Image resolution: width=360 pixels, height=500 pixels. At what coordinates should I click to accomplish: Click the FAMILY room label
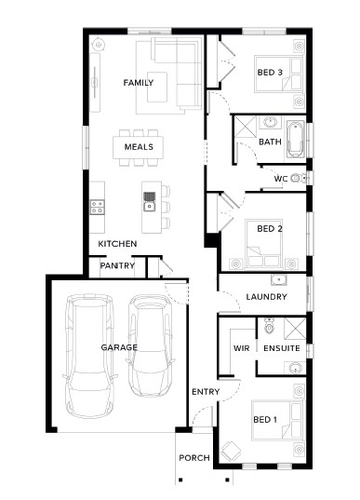tap(139, 83)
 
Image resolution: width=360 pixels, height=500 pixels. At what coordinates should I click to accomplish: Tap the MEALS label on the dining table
tap(139, 147)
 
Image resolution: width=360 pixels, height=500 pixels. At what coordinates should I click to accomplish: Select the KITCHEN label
tap(117, 244)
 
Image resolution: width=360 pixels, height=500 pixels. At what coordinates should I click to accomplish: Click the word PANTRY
tap(117, 265)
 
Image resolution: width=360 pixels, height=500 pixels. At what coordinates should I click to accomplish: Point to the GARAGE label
tap(119, 347)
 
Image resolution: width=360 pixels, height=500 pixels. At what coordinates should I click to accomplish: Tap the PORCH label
tap(194, 458)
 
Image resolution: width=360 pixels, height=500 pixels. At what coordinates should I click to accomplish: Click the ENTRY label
tap(206, 392)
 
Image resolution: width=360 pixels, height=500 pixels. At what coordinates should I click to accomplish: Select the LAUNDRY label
tap(266, 297)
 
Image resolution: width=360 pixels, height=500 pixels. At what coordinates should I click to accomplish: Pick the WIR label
tap(241, 348)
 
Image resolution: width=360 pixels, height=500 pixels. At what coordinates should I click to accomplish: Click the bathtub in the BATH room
tap(296, 139)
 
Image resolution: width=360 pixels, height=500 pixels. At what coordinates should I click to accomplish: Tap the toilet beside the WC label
tap(299, 178)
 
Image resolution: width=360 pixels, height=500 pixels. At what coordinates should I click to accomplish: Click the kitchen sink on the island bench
tap(149, 201)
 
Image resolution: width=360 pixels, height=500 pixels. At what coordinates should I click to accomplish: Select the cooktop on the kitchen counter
tap(97, 207)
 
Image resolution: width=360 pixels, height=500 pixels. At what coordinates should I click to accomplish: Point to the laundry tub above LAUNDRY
tap(279, 279)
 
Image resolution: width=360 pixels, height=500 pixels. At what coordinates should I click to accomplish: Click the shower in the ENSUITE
tap(295, 329)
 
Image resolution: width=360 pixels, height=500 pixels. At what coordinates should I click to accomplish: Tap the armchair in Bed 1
tap(231, 452)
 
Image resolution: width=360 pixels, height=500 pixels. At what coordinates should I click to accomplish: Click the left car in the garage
tap(89, 357)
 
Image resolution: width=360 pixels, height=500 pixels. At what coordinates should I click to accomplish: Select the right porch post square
tap(228, 480)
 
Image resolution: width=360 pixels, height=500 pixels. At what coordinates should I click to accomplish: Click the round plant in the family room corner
tap(98, 45)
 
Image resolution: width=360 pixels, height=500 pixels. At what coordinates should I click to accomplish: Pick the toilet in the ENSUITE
tap(269, 326)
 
